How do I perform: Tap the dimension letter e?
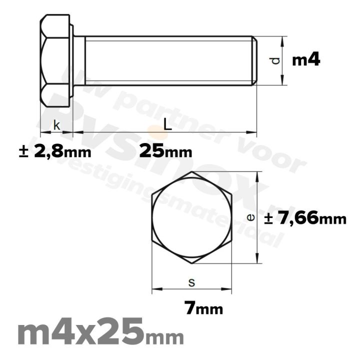[251, 217]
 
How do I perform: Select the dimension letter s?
[191, 282]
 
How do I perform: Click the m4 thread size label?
[305, 60]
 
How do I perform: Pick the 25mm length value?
[165, 150]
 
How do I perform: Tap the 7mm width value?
[203, 308]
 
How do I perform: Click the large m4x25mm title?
[100, 334]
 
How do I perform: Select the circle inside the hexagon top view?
[192, 217]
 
